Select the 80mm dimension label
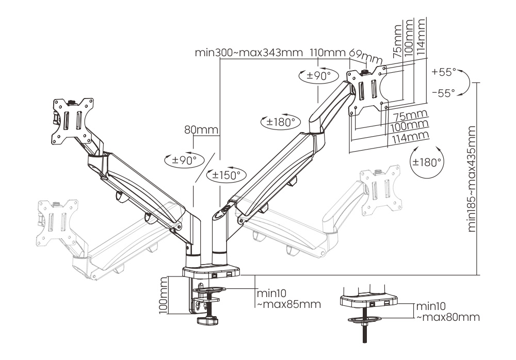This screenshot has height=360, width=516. pyautogui.click(x=201, y=130)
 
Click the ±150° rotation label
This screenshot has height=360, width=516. pyautogui.click(x=225, y=175)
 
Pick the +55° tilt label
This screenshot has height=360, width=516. pyautogui.click(x=443, y=73)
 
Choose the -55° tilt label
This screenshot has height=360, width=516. pyautogui.click(x=443, y=93)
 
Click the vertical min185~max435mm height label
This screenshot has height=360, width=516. pyautogui.click(x=471, y=178)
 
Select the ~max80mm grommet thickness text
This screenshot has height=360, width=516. pyautogui.click(x=447, y=316)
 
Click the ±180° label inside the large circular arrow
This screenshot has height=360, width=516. pyautogui.click(x=426, y=161)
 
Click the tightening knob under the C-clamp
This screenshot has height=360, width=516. pyautogui.click(x=210, y=321)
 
